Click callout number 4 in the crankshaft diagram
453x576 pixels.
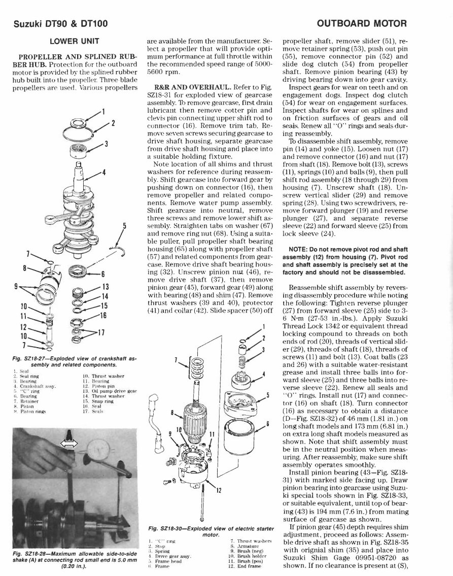(103, 173)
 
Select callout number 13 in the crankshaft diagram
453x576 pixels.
(106, 286)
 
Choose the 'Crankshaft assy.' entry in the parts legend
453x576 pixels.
(34, 386)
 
